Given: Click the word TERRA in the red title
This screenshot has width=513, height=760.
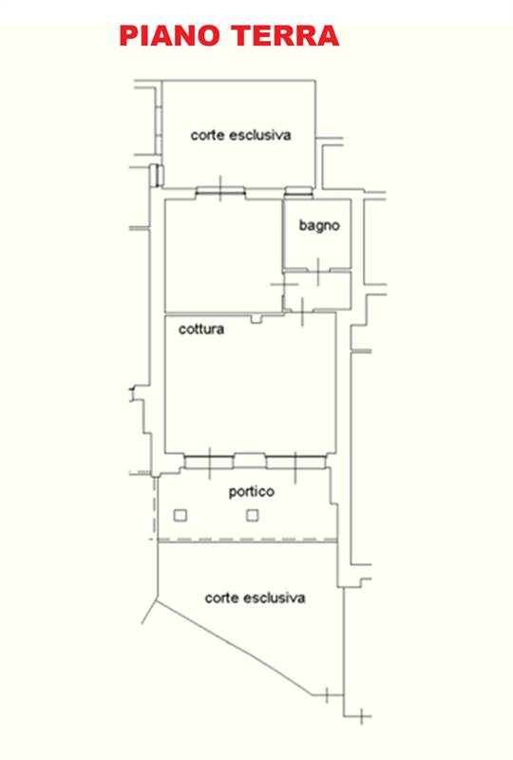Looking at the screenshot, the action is (285, 36).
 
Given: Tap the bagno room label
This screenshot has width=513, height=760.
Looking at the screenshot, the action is (319, 225).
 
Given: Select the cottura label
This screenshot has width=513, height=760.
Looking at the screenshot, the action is (201, 330).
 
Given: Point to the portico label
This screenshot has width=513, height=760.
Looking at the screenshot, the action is (251, 492).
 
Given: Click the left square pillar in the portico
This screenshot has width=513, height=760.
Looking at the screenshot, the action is (180, 515).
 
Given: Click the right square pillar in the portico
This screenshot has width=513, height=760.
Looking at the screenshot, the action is (252, 515).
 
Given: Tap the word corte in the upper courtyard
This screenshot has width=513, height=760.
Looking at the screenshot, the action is (207, 135).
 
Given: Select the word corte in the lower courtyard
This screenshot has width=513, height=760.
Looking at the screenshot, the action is (221, 598).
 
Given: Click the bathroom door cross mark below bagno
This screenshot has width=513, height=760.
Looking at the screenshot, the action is (318, 272).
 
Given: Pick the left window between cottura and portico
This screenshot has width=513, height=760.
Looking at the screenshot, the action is (209, 462).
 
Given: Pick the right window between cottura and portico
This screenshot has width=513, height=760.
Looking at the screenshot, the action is (295, 462).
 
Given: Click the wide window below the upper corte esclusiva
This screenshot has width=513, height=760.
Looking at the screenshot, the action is (220, 193).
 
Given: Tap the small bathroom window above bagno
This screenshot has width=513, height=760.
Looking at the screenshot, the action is (298, 193).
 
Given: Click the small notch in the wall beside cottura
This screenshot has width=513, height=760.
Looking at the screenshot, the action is (256, 318).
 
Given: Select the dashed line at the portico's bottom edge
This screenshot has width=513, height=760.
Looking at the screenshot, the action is (247, 540).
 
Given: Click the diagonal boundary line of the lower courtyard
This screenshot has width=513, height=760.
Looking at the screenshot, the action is (235, 648).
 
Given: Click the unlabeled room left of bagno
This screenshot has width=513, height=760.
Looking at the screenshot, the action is (223, 256).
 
